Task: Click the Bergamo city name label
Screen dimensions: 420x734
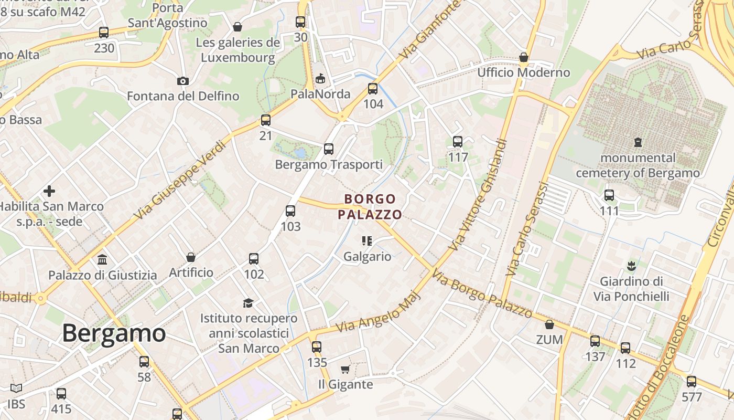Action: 114,333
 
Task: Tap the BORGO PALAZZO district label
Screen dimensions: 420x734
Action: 370,206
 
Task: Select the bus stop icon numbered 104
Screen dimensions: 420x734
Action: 373,89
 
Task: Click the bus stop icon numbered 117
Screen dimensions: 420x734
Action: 458,141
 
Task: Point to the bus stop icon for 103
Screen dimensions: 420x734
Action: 290,211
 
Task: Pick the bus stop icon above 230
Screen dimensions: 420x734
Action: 104,33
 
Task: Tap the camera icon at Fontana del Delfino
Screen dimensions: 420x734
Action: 182,81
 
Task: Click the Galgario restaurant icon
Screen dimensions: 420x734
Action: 367,241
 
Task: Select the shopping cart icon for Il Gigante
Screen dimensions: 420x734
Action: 346,369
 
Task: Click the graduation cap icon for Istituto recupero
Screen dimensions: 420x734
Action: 248,303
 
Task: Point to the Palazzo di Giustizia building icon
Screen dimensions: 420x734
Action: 102,259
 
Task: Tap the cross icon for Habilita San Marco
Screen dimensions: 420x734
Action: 49,191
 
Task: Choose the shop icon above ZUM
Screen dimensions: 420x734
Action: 549,324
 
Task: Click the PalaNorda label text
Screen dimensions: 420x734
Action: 320,94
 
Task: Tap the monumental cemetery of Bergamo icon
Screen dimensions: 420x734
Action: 638,142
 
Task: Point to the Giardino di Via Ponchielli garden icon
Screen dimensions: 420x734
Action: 631,266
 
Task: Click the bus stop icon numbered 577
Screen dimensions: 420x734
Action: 692,382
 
